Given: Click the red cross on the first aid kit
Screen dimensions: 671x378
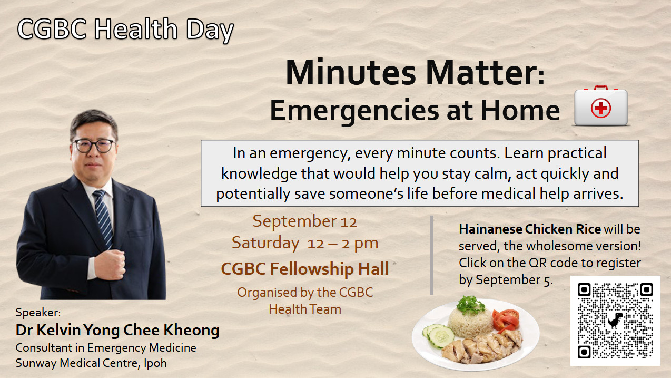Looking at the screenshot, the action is [600, 109].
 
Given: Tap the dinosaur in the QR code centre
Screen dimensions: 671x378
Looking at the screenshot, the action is [615, 320].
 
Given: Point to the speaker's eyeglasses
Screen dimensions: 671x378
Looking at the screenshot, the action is [94, 146].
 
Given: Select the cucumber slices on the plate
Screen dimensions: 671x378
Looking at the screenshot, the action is [439, 335].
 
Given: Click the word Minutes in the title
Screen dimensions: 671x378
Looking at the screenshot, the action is [351, 73].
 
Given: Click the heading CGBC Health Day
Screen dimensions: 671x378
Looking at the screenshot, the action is [125, 30].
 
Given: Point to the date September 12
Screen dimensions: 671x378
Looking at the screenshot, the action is [304, 221].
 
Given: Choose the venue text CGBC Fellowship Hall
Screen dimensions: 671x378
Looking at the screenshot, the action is [304, 268].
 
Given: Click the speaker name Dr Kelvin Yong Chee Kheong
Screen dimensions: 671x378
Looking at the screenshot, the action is [117, 330].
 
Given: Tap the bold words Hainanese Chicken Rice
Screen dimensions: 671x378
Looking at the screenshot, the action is [530, 229].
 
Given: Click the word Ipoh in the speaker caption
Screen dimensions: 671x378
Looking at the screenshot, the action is [155, 363].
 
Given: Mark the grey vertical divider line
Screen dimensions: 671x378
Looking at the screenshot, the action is [431, 255].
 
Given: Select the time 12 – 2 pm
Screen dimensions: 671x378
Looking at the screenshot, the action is [343, 243].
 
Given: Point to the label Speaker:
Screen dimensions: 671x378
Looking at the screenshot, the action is [38, 313].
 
